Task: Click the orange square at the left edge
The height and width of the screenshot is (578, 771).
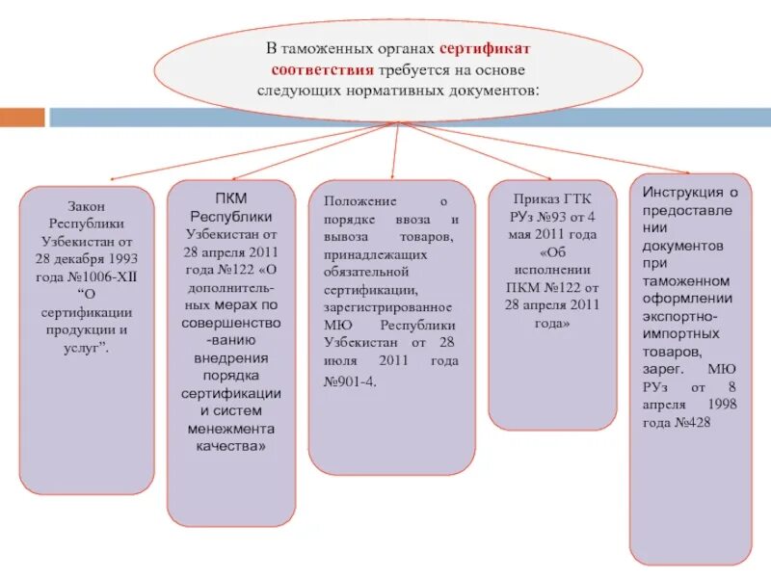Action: point(22,118)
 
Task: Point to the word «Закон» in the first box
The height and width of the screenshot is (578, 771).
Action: point(86,206)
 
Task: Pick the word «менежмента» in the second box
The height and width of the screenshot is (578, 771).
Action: point(231,429)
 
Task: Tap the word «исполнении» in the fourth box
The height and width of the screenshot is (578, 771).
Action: point(552,271)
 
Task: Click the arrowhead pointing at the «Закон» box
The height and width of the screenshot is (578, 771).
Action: point(111,180)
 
